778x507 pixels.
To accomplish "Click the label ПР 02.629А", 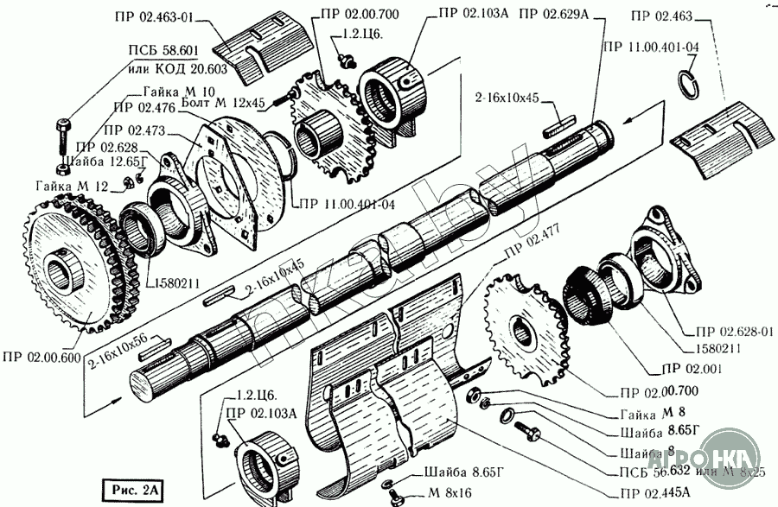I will point(554,13).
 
